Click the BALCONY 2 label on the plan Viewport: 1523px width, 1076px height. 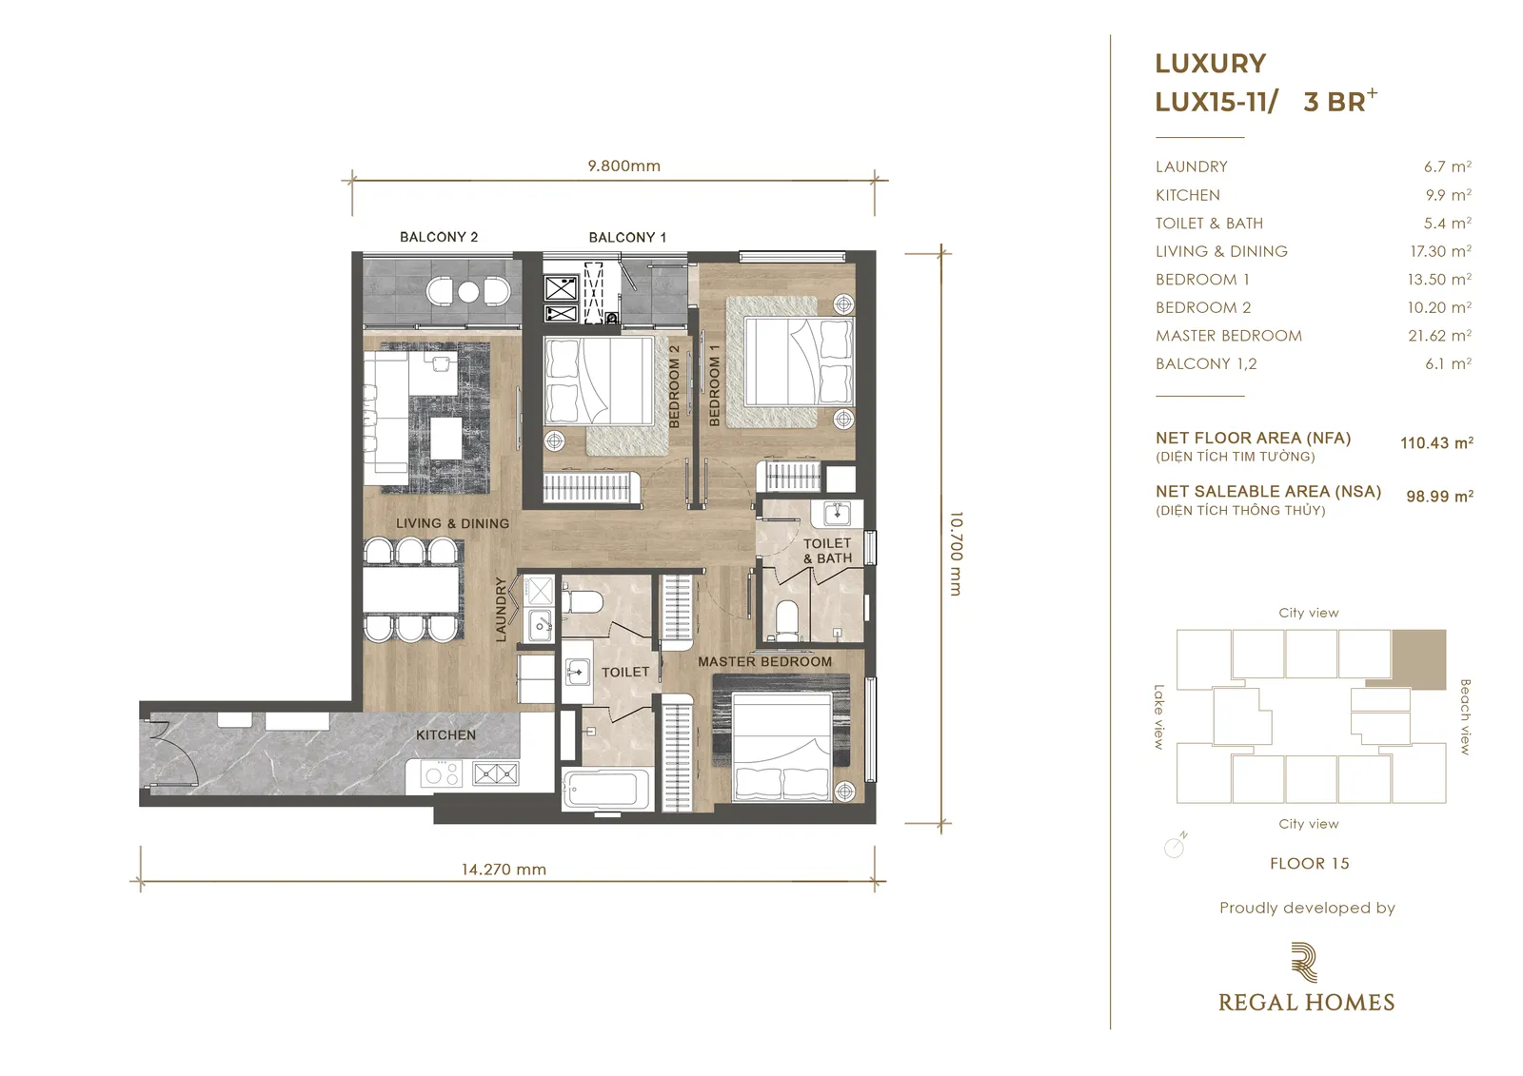coord(439,237)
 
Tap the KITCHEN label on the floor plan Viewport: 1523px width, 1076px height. coord(446,734)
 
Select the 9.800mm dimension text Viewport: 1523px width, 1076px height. coord(624,166)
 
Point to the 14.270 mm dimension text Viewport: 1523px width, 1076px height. coord(504,870)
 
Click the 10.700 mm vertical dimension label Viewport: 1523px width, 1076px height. coord(956,554)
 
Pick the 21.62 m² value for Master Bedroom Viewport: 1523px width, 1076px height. coord(1439,335)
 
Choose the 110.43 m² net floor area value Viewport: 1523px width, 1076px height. coord(1436,442)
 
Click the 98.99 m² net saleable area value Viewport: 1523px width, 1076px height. coord(1439,497)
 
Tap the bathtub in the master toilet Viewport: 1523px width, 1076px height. coord(607,790)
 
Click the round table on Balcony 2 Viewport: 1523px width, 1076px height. coord(468,292)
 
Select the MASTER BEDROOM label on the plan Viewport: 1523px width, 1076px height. coord(764,661)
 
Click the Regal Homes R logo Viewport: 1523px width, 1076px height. coord(1304,963)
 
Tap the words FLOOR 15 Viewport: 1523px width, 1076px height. coord(1310,863)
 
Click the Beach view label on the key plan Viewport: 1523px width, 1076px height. coord(1465,716)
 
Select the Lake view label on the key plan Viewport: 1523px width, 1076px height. coord(1159,716)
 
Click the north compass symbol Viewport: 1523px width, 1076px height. coord(1175,845)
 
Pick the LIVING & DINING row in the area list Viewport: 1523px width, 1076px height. coord(1314,251)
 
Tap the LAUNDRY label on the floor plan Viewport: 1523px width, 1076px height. coord(501,610)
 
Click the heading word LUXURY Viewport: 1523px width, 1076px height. coord(1210,63)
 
